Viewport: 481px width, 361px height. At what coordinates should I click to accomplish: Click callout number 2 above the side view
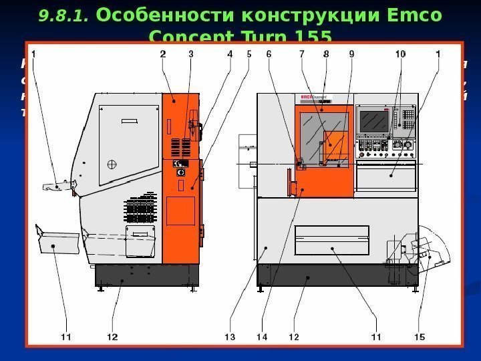coord(163,55)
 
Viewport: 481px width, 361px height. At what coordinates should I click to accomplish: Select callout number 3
coord(190,55)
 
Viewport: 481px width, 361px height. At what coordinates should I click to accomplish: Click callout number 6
coord(271,55)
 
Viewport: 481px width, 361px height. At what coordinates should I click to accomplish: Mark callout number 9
coord(351,55)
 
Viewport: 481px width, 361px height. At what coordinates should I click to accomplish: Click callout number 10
coord(400,55)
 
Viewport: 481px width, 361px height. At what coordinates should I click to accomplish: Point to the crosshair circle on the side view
coord(112,164)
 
